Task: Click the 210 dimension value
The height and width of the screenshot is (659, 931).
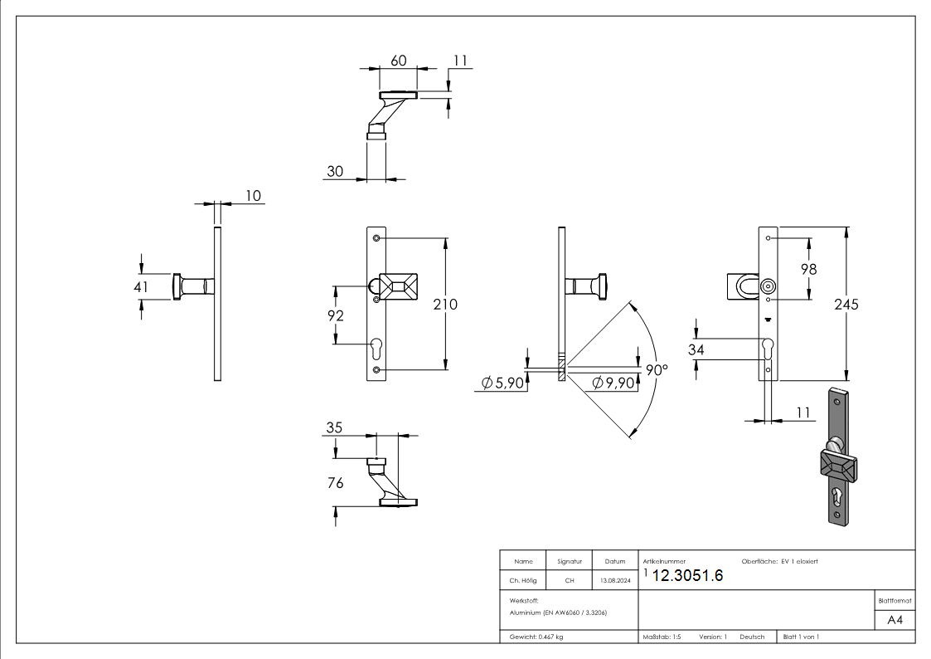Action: (x=446, y=305)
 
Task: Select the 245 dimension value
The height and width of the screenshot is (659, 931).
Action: (x=846, y=304)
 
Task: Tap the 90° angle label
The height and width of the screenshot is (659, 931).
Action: (x=657, y=370)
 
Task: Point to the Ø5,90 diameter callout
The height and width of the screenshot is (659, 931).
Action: (x=502, y=383)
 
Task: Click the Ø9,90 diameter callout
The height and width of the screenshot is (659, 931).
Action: (x=613, y=383)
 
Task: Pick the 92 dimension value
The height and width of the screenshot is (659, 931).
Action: (x=336, y=315)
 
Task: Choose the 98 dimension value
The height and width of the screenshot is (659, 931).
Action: (x=808, y=268)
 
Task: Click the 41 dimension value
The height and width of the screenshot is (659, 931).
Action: (x=141, y=286)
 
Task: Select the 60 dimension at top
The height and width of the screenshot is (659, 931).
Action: (x=399, y=60)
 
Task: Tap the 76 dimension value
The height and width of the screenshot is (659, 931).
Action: (x=335, y=482)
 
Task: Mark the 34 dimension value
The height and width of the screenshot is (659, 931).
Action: (x=696, y=350)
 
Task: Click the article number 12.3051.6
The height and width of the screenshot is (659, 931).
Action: (x=687, y=577)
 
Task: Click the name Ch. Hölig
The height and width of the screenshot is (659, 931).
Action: (x=523, y=581)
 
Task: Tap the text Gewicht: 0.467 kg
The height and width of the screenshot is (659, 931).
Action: (x=536, y=637)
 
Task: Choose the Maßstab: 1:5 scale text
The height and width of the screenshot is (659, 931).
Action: (x=662, y=637)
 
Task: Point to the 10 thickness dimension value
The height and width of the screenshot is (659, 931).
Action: (x=252, y=195)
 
